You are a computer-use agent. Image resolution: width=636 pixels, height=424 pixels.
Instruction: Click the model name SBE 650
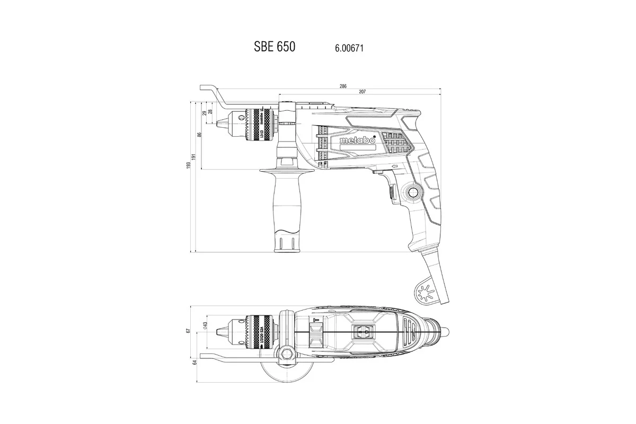275,47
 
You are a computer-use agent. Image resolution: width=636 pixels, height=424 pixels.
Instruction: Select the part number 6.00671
349,48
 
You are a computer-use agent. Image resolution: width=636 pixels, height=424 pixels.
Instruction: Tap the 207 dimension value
362,92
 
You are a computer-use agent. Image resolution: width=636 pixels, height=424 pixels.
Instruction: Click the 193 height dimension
189,166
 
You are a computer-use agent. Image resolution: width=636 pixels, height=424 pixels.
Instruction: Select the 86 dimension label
200,135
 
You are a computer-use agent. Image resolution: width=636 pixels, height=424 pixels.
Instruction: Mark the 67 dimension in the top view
188,331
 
